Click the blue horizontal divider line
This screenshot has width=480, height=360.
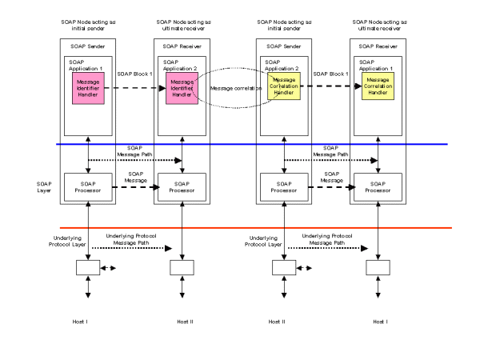pos(240,144)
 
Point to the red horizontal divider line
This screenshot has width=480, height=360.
pos(240,228)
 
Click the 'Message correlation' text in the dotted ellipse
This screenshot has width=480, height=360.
pos(232,88)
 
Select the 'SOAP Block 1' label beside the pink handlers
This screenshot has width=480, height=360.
pos(134,74)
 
